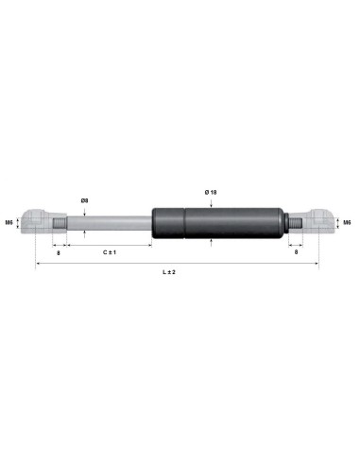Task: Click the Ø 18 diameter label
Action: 211,192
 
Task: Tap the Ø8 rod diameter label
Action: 85,200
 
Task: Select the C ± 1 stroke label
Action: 110,253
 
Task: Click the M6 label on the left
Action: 9,223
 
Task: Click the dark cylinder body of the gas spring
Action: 236,224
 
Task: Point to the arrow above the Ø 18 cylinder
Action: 211,201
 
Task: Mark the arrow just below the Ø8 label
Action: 85,211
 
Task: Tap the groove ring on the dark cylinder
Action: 185,224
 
